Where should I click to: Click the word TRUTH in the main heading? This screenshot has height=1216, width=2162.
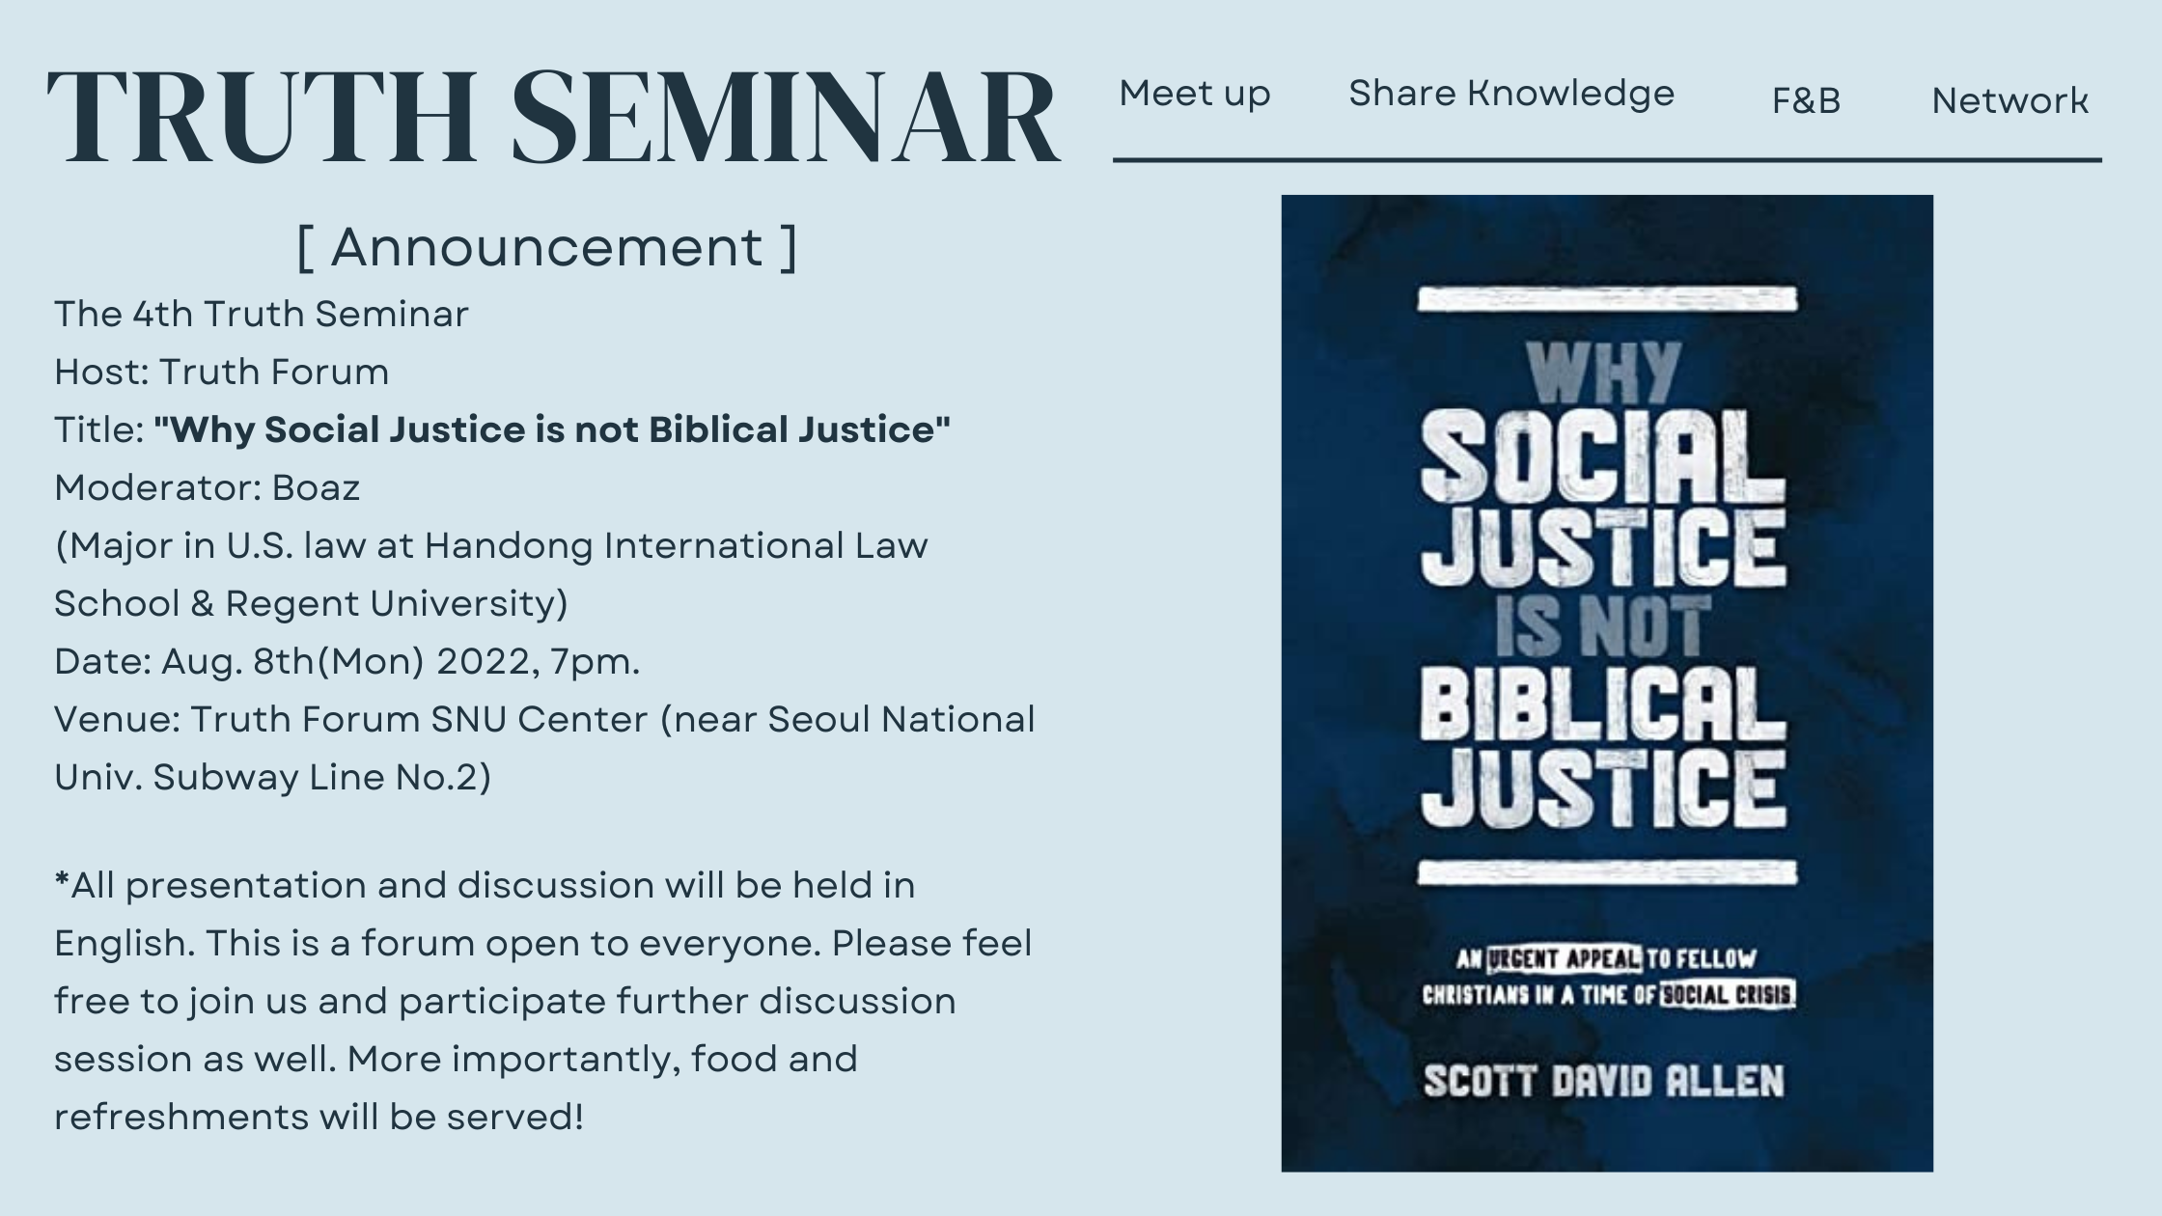coord(261,118)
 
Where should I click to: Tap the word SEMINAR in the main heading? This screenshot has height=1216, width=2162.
coord(786,118)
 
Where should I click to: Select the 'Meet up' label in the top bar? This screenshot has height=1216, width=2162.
coord(1195,95)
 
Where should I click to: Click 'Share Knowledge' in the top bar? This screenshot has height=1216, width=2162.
coord(1511,94)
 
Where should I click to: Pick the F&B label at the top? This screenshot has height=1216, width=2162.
coord(1806,100)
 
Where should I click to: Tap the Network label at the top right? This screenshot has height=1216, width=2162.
coord(2010,100)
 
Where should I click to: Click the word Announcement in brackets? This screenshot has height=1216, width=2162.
coord(547,247)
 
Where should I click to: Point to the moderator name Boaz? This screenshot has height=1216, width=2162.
coord(316,488)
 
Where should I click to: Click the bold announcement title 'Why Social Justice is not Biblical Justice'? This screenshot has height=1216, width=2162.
coord(552,430)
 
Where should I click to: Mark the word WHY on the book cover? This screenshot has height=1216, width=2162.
coord(1604,374)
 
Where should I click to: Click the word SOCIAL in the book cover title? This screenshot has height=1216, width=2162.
coord(1602,455)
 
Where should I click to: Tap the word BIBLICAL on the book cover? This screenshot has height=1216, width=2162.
coord(1602,709)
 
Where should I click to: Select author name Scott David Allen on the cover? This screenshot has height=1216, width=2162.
coord(1603,1082)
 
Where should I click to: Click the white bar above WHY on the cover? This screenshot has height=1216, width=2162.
coord(1607,299)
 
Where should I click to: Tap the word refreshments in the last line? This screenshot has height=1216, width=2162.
coord(180,1117)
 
